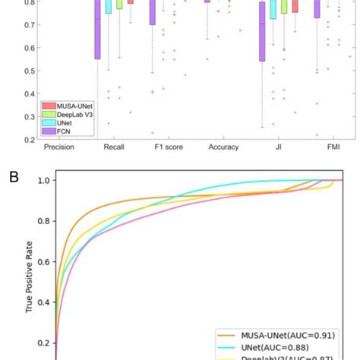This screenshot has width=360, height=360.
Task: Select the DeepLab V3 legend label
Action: tap(70, 113)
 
